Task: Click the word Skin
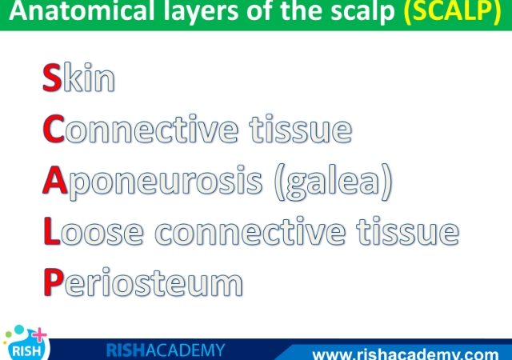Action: point(78,78)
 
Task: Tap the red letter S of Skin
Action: point(52,78)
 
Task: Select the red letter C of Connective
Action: point(54,129)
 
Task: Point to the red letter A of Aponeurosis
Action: point(55,180)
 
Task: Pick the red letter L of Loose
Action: point(51,231)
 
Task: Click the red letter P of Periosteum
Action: point(54,282)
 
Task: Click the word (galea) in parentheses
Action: point(333,182)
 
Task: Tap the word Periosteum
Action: point(143,282)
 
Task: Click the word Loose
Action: point(94,231)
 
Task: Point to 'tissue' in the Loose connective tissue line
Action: point(408,231)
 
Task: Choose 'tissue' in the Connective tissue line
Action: point(301,129)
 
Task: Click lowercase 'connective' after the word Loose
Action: point(250,231)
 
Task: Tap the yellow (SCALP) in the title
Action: point(452,11)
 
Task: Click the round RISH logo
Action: point(26,345)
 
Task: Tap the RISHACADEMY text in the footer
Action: point(166,350)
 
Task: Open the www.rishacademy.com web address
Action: point(406,354)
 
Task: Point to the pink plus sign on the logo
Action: point(39,335)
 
